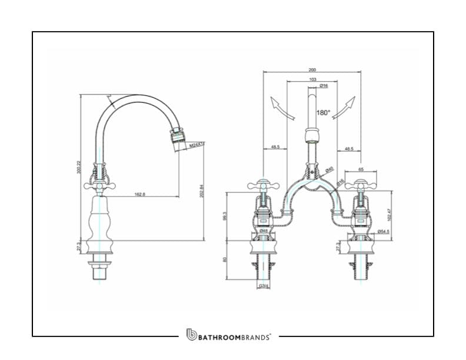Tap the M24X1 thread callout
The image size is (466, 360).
click(x=197, y=144)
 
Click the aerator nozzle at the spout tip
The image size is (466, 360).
click(x=176, y=136)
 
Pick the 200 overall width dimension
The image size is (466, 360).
click(x=312, y=69)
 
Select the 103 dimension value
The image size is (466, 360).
click(x=312, y=79)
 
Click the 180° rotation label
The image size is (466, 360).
click(x=324, y=112)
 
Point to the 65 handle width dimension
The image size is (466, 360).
click(x=361, y=169)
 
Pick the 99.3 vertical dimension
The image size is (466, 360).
click(x=225, y=215)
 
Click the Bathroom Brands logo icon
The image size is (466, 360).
click(x=191, y=335)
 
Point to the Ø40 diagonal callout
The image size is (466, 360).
click(x=330, y=170)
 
